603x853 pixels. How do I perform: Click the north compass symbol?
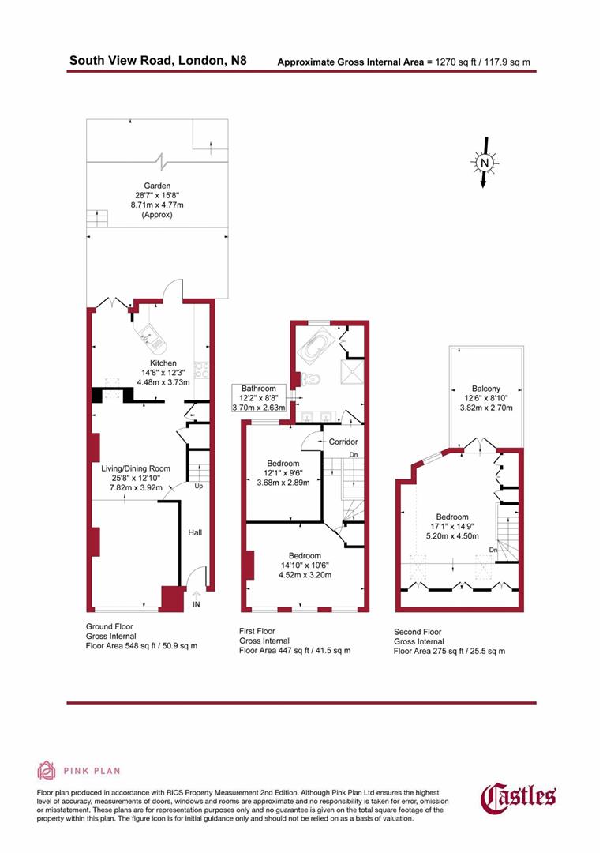click(x=485, y=163)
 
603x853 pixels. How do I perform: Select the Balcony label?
click(x=485, y=389)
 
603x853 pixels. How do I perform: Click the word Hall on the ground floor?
click(x=194, y=532)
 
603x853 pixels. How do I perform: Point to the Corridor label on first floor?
click(x=344, y=442)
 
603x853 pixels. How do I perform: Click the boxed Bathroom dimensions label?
click(x=259, y=398)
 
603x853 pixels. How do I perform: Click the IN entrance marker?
click(x=197, y=604)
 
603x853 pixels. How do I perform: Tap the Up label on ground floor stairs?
click(x=199, y=487)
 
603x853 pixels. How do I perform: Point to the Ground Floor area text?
click(x=140, y=636)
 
